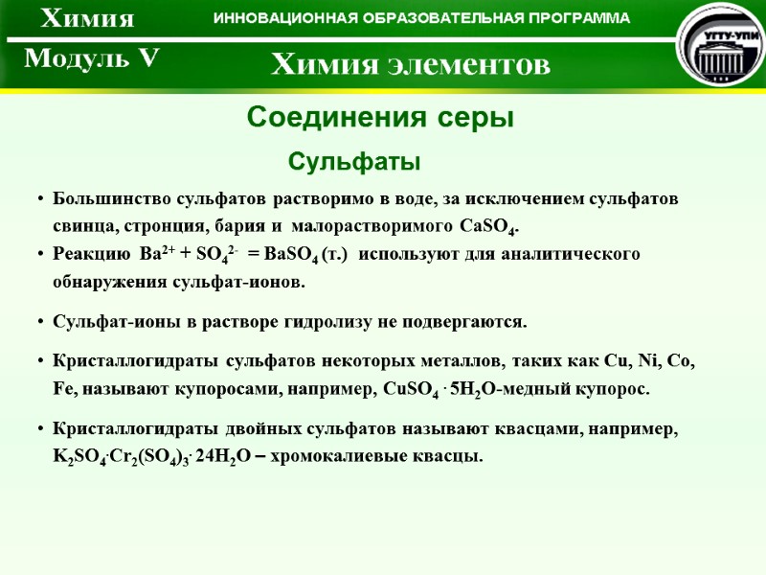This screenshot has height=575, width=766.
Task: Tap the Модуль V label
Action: pyautogui.click(x=91, y=59)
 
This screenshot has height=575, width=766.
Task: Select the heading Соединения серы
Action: pyautogui.click(x=381, y=118)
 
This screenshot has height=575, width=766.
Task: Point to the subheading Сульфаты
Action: pyautogui.click(x=355, y=161)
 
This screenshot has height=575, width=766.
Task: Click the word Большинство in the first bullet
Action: pyautogui.click(x=110, y=199)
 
